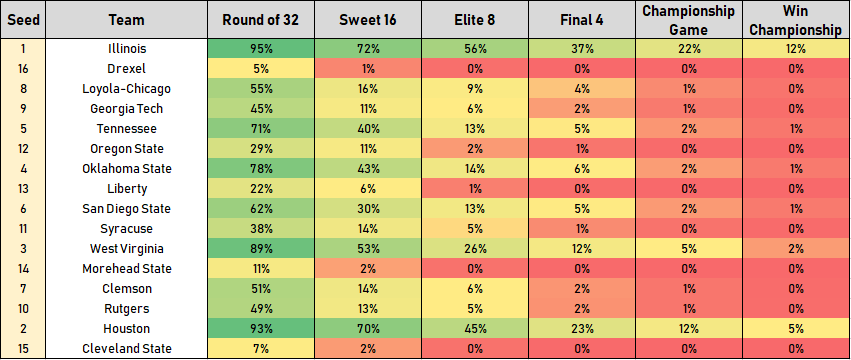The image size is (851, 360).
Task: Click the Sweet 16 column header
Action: [x=368, y=20]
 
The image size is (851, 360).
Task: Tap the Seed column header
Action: [x=23, y=20]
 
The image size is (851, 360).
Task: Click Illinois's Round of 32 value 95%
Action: [x=261, y=49]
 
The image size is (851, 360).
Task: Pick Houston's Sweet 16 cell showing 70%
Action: [x=368, y=329]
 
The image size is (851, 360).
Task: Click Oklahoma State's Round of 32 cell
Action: [x=261, y=169]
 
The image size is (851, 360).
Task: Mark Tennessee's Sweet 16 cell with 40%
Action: [x=368, y=129]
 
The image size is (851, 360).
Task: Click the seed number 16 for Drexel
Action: [x=23, y=69]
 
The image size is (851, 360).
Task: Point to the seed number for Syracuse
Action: [x=23, y=229]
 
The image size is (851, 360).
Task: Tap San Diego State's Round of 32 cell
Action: [x=261, y=209]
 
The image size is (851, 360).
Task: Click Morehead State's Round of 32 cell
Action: [x=261, y=269]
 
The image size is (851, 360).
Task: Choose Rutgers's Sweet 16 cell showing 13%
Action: [x=368, y=309]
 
